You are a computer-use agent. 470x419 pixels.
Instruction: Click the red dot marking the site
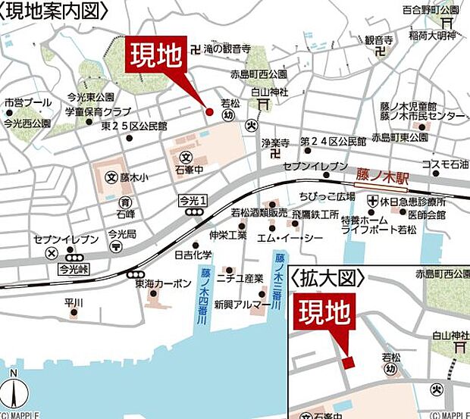[x=210, y=112]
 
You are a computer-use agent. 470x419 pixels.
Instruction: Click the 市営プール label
[x=28, y=102]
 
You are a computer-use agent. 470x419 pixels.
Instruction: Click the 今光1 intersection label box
[x=193, y=200]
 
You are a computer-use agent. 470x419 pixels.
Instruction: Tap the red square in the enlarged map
[x=347, y=362]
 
